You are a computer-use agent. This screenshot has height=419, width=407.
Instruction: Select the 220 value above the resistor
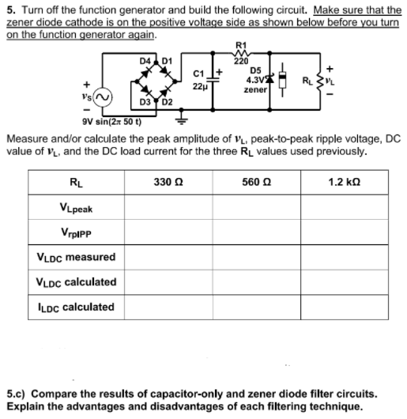(241, 60)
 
